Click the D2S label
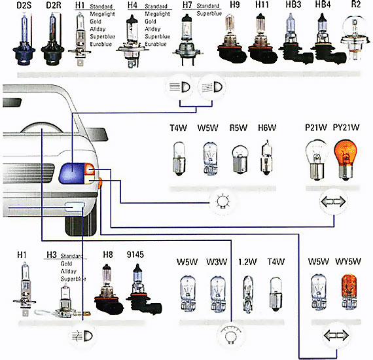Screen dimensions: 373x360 pyautogui.click(x=24, y=5)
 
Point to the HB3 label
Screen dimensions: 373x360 pyautogui.click(x=293, y=5)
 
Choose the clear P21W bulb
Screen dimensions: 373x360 pyautogui.click(x=316, y=160)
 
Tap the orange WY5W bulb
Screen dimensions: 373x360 pyautogui.click(x=349, y=292)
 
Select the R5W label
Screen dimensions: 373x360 pyautogui.click(x=238, y=128)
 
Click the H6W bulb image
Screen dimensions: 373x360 pyautogui.click(x=267, y=158)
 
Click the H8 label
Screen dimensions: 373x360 pyautogui.click(x=108, y=255)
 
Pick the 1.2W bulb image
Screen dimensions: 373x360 pyautogui.click(x=248, y=294)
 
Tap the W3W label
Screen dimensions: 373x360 pyautogui.click(x=217, y=262)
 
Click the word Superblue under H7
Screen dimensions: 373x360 pyautogui.click(x=209, y=14)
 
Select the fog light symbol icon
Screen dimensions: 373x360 pyautogui.click(x=82, y=336)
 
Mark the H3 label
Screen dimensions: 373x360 pyautogui.click(x=52, y=255)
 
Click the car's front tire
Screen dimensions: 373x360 pyautogui.click(x=81, y=224)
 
